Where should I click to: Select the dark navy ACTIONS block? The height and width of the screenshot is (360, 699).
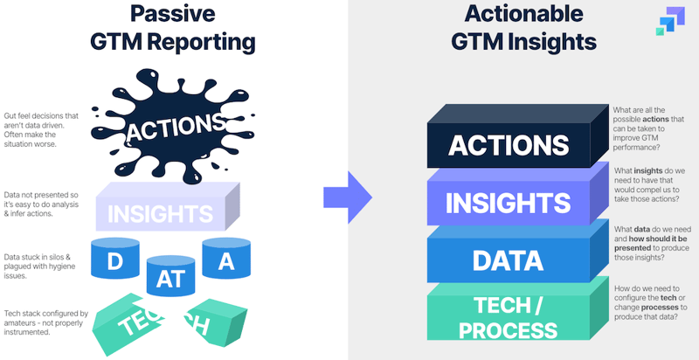point(508,144)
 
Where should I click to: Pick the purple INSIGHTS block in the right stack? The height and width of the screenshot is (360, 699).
point(508,202)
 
